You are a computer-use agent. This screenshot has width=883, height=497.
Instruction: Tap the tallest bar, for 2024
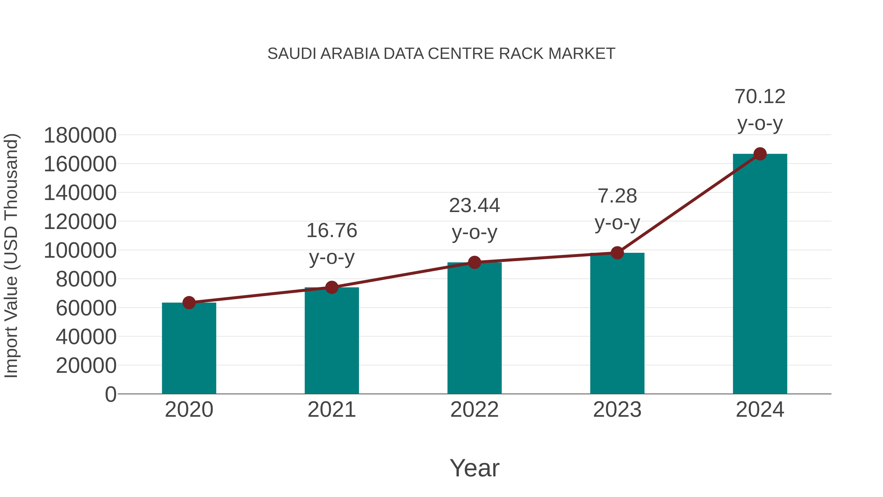click(760, 274)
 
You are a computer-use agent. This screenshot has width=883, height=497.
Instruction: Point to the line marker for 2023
click(617, 253)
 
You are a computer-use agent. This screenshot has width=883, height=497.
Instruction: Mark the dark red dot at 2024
click(760, 154)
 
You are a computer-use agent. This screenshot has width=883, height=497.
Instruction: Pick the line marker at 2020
click(189, 303)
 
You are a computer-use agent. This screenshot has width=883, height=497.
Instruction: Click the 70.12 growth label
click(760, 96)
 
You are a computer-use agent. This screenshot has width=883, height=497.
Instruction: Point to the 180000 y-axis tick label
click(80, 135)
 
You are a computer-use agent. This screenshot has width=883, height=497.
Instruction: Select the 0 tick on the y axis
click(110, 394)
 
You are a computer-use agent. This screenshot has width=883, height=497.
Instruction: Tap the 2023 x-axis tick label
click(617, 410)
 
